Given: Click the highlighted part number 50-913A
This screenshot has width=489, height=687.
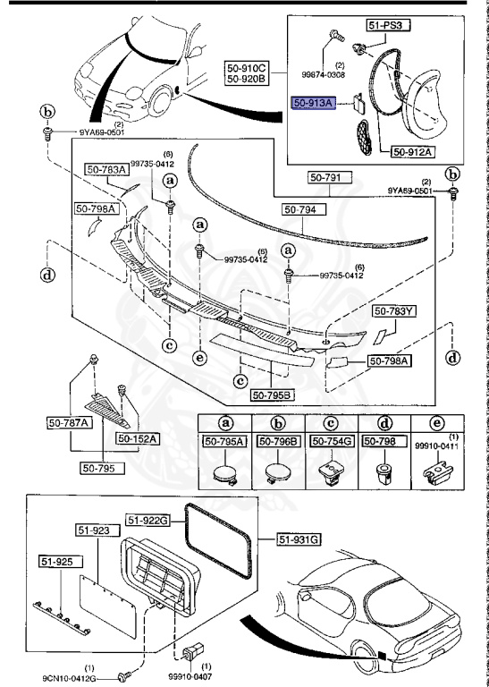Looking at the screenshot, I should tap(315, 104).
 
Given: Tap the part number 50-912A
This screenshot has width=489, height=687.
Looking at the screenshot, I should tap(411, 152).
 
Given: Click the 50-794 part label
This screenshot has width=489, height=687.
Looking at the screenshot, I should tap(305, 208).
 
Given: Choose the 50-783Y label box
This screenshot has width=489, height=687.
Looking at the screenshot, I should tap(394, 311).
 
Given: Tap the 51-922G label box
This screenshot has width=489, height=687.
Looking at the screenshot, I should tap(147, 519).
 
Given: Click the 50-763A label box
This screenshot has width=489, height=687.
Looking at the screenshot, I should tap(106, 169).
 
